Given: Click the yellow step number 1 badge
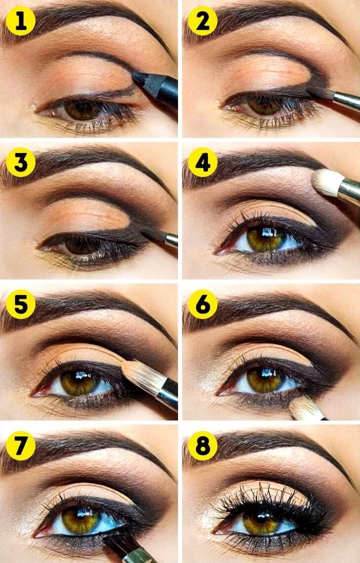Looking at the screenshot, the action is click(20, 21).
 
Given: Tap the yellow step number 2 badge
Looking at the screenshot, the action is click(202, 21).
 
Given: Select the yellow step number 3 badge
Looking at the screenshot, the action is click(20, 163).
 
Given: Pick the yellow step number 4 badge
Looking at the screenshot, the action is click(202, 163).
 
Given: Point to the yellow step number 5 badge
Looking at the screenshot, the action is click(20, 304).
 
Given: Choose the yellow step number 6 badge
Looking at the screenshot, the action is click(202, 304).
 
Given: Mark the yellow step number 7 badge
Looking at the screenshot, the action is click(20, 446).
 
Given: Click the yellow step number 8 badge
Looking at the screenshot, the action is click(202, 446).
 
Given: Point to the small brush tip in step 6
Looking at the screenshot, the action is click(304, 409).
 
